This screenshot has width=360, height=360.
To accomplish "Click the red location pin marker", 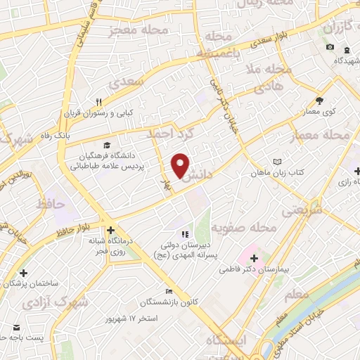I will point(181,165).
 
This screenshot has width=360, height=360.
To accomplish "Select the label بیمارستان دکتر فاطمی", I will point(254,269).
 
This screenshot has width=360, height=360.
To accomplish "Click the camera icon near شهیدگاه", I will point(330,47).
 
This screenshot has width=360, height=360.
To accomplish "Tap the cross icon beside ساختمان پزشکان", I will point(24,273).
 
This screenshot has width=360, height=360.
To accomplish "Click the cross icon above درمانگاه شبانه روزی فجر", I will point(110,230).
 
